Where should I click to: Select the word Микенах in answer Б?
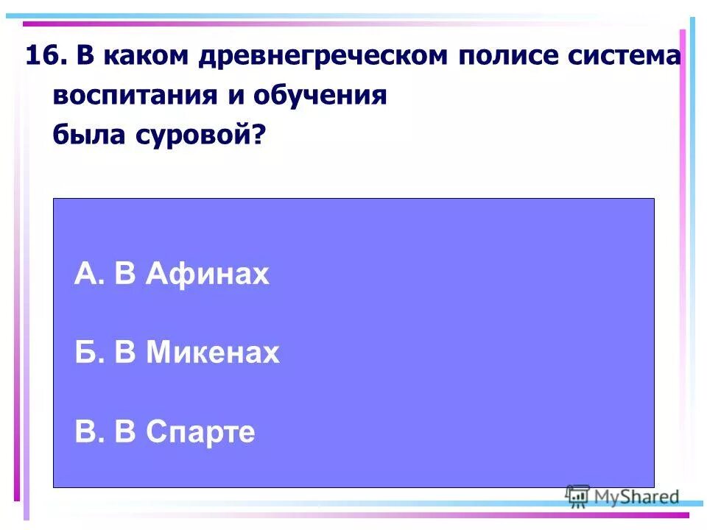[x=213, y=353]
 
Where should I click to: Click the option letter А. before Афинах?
[x=85, y=275]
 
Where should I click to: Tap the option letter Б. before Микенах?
[x=85, y=353]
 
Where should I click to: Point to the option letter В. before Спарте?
[x=85, y=432]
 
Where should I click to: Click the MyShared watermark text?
[x=637, y=497]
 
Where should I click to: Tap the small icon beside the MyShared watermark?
[x=578, y=495]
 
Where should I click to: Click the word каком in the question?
[x=143, y=56]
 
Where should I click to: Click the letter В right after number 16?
[x=82, y=56]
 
